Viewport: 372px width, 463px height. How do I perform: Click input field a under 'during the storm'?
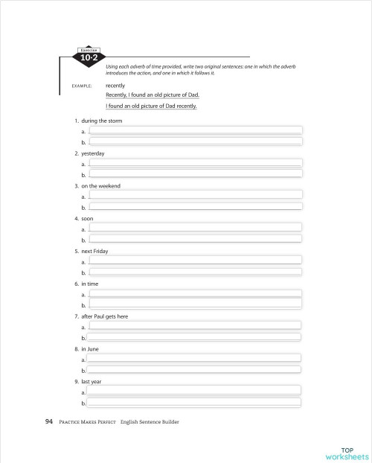[195, 131]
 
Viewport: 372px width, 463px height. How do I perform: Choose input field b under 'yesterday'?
[195, 173]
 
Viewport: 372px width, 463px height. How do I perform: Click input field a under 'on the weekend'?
[195, 196]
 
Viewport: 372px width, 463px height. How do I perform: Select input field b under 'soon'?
[195, 239]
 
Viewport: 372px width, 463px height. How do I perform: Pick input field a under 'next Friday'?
[195, 261]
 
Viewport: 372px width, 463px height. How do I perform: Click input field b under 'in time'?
[195, 304]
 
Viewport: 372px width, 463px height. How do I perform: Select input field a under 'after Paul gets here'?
[195, 326]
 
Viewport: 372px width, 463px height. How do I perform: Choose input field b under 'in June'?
[195, 369]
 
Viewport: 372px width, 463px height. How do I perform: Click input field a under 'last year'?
[195, 391]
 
